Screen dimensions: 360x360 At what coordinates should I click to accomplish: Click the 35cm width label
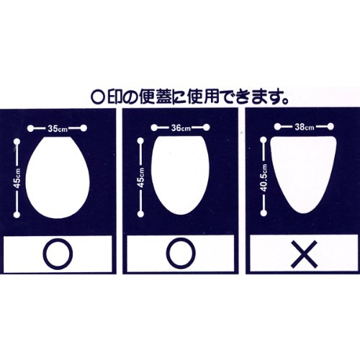(x=58, y=129)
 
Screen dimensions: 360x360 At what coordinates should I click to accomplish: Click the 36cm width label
(x=181, y=128)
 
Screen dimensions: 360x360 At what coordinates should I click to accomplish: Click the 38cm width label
(x=304, y=127)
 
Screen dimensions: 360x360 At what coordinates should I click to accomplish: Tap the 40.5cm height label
(x=264, y=178)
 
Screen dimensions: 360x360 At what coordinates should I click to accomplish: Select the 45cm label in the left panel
(x=17, y=178)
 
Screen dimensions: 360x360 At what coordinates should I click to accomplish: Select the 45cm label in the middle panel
(x=141, y=178)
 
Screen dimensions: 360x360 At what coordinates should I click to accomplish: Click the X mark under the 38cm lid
(x=305, y=254)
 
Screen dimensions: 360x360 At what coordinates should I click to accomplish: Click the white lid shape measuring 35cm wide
(x=58, y=178)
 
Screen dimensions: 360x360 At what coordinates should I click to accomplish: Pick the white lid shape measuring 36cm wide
(x=180, y=175)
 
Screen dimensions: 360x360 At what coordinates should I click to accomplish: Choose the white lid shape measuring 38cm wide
(x=303, y=174)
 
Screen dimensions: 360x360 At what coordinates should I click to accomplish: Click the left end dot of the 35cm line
(x=30, y=129)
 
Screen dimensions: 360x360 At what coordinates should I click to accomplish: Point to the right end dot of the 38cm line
(x=330, y=126)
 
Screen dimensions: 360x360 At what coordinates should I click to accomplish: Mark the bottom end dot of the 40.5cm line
(x=264, y=213)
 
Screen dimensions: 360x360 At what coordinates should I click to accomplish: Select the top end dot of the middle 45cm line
(x=141, y=141)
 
